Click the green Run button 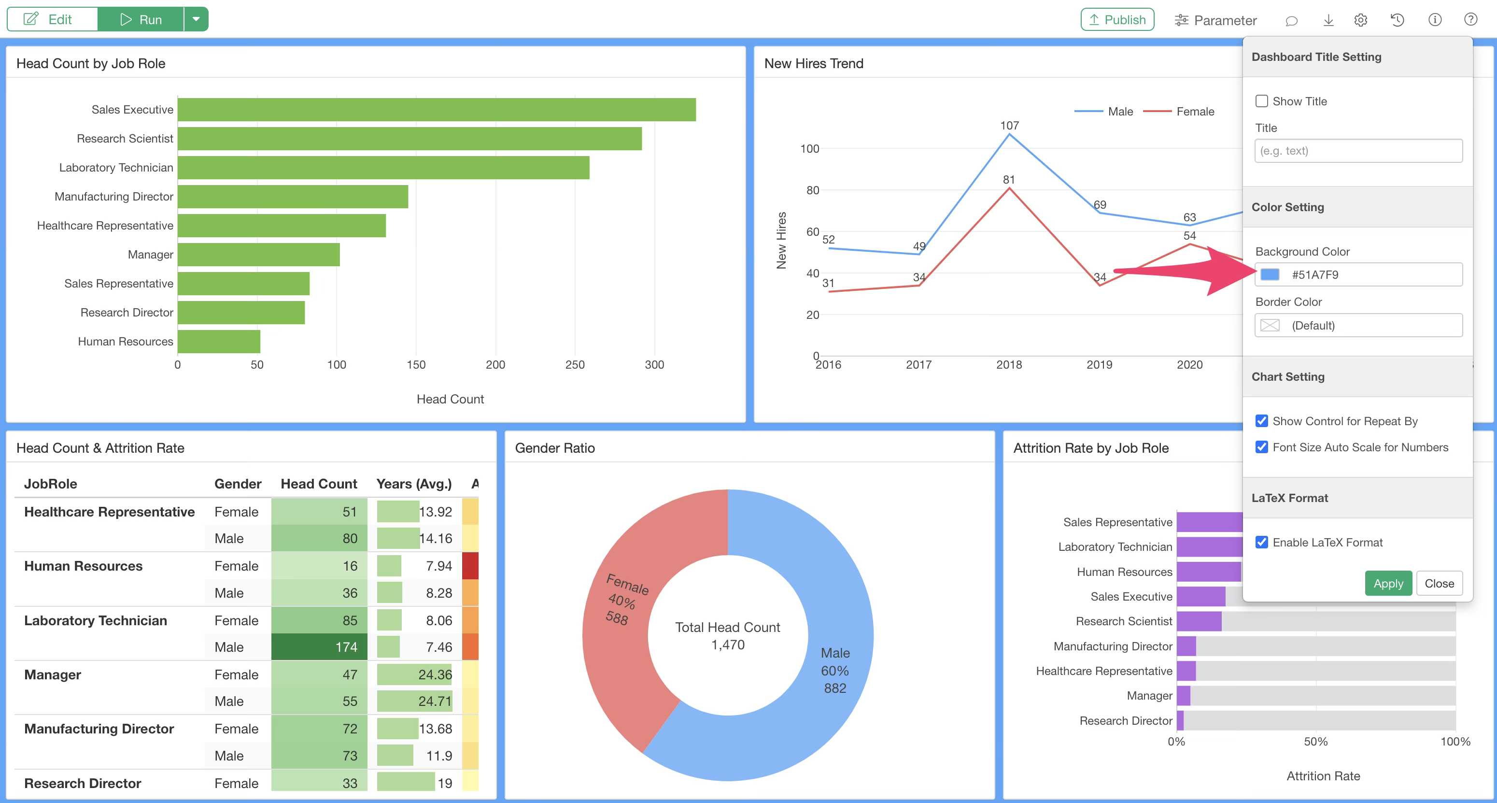141,20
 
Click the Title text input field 1358,151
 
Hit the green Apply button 1388,583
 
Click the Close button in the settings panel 1439,583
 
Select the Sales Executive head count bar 437,110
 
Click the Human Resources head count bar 219,341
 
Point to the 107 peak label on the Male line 1009,126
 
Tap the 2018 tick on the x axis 1009,365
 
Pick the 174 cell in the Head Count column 319,647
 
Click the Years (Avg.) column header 414,484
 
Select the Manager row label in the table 52,674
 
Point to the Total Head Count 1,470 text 728,635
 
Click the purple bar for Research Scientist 1199,621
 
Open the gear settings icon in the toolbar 1360,20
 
